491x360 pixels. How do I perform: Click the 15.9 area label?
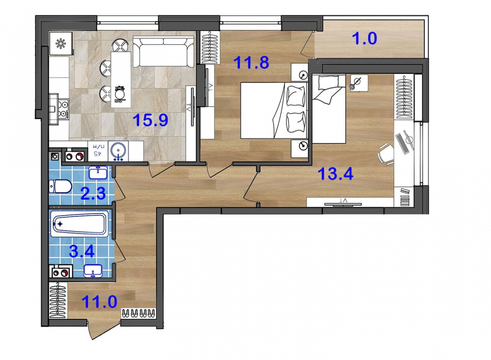(x=151, y=120)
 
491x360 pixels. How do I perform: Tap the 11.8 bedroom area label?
(x=251, y=62)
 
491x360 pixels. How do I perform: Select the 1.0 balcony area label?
(x=364, y=38)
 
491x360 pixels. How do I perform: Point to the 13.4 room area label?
(x=335, y=174)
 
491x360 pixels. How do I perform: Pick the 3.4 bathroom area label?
(x=82, y=251)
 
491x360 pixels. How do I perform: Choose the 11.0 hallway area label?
(x=99, y=302)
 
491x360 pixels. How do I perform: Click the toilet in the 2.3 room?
(x=61, y=186)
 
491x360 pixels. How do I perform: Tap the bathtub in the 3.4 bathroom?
(x=80, y=223)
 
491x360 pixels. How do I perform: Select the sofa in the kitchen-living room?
(x=163, y=51)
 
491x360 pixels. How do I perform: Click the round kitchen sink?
(x=118, y=151)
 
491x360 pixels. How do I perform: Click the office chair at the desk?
(x=386, y=153)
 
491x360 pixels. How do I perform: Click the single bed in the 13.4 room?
(x=329, y=109)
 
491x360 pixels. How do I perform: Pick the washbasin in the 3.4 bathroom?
(x=93, y=271)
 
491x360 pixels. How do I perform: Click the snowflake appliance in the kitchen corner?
(x=61, y=44)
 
